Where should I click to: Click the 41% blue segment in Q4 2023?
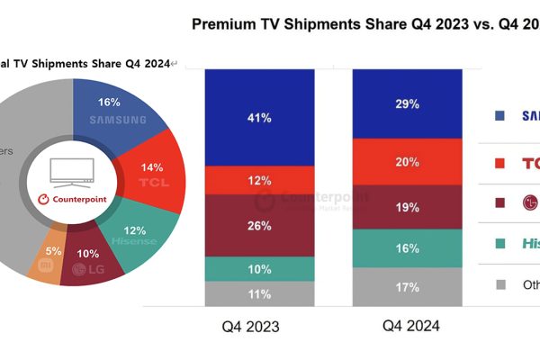[259, 117]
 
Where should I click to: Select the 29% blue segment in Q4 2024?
[406, 103]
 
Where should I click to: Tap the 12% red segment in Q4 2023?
[259, 181]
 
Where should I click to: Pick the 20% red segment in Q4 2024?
[406, 162]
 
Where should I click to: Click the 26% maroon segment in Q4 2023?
[259, 226]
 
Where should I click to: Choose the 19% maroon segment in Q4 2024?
[406, 208]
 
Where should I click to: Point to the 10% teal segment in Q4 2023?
[259, 269]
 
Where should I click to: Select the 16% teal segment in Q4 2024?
[406, 248]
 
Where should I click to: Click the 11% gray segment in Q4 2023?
[259, 294]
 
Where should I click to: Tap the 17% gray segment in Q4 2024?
[406, 287]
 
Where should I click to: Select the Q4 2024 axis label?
[406, 327]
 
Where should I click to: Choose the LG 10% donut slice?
[90, 264]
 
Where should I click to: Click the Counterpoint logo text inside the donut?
[73, 197]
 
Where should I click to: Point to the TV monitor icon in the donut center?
[73, 170]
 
